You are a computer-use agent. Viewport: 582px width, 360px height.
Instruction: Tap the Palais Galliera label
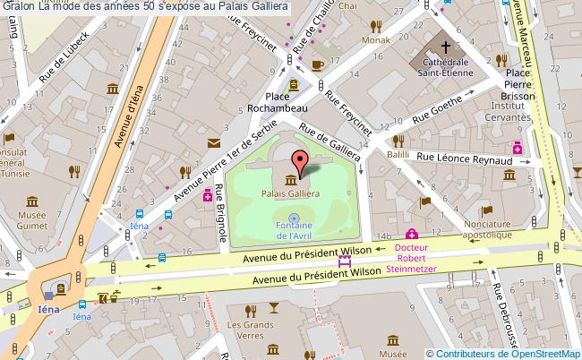pos(287,193)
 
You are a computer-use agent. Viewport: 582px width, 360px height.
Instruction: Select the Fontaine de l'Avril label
pos(294,231)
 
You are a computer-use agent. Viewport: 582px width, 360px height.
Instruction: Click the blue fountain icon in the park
pos(294,217)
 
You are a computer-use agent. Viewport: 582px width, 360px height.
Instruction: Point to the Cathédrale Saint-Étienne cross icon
pos(445,46)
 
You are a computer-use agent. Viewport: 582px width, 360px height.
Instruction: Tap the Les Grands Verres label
pos(250,330)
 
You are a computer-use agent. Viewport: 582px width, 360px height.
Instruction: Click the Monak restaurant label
pos(376,40)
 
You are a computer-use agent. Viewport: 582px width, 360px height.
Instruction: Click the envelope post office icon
pos(213,142)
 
